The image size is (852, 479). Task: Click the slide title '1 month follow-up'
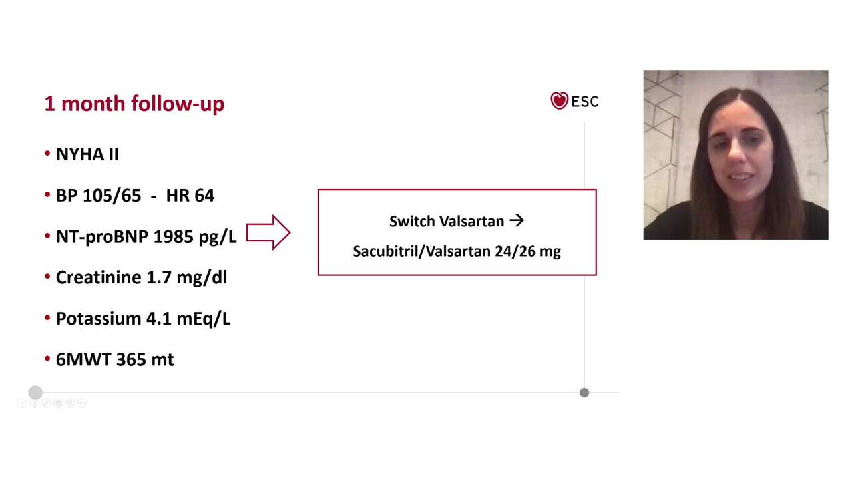click(x=134, y=104)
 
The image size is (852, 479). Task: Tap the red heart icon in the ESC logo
click(x=559, y=101)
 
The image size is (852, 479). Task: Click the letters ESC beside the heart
click(x=585, y=102)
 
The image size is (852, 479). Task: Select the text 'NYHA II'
click(x=87, y=154)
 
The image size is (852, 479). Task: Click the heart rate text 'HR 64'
click(x=190, y=196)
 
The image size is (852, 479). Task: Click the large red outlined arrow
click(x=268, y=233)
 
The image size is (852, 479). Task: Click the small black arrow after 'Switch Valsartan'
click(x=517, y=220)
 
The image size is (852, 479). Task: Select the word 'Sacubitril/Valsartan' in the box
click(x=421, y=251)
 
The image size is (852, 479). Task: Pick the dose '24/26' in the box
click(x=513, y=251)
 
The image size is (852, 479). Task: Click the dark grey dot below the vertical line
click(x=584, y=393)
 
